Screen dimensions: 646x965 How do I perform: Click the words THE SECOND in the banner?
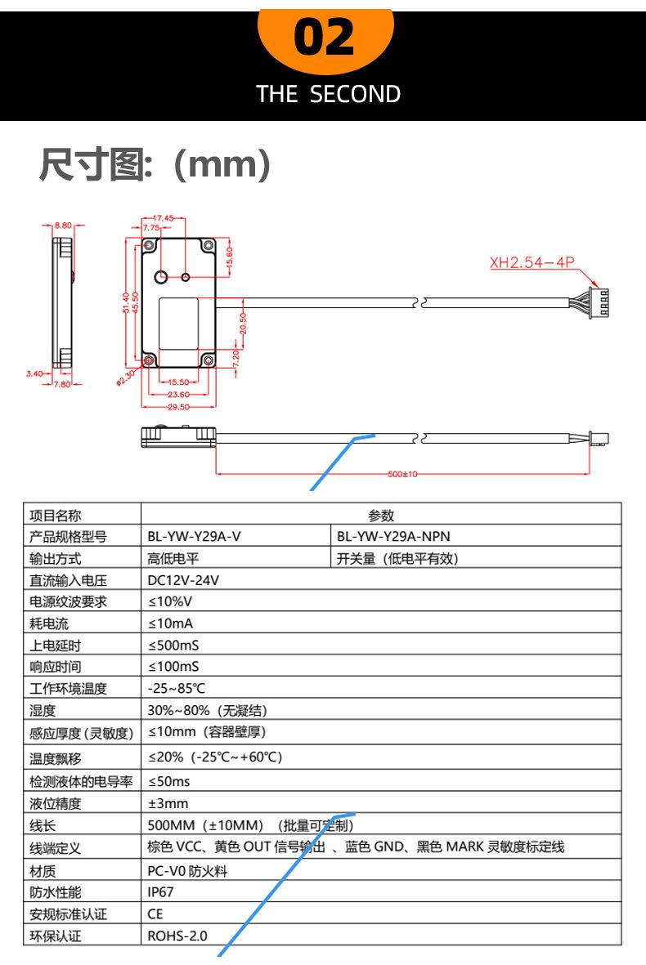329,94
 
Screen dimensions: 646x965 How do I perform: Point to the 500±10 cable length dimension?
402,474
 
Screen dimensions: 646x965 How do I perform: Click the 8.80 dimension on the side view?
63,224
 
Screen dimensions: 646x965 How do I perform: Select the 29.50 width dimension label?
178,406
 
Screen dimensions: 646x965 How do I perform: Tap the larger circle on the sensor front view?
162,275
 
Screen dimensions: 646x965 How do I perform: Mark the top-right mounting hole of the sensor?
209,246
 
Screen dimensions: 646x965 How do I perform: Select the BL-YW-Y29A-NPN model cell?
393,537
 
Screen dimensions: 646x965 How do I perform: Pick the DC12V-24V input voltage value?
183,580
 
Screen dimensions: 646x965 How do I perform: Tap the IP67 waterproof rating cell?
161,893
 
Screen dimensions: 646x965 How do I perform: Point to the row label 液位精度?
56,803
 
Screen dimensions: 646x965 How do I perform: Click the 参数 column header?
381,515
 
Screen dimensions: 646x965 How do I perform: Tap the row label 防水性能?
56,893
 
